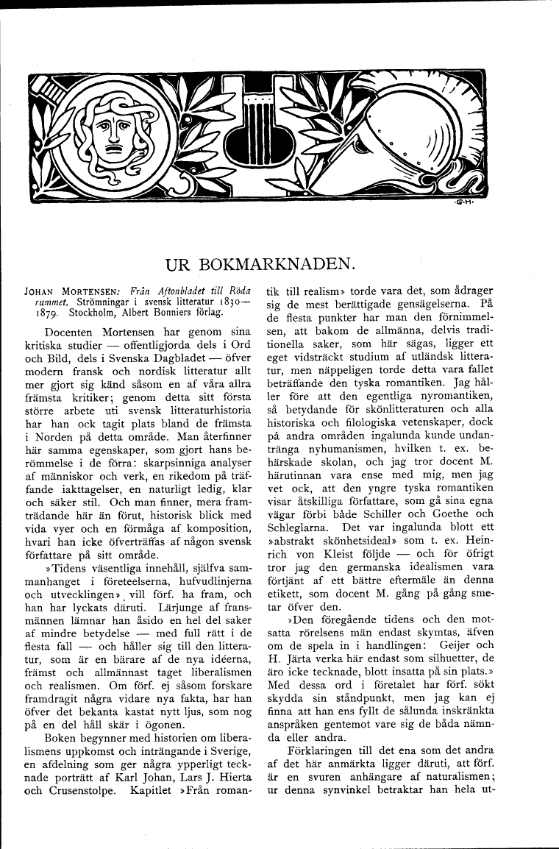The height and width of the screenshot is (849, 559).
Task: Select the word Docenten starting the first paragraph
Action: point(72,332)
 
